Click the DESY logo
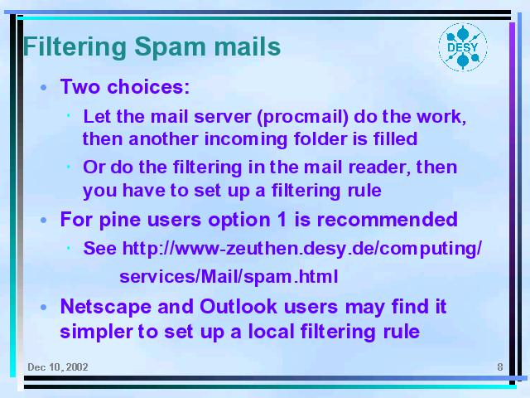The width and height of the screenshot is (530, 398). [463, 47]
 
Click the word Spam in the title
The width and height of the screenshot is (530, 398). [170, 48]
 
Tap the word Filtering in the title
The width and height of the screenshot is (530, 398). [75, 48]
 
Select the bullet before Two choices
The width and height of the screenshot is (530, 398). [43, 88]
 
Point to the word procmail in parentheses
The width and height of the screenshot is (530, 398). [302, 117]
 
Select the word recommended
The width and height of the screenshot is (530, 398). [387, 219]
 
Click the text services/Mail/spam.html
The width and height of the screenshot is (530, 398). [229, 276]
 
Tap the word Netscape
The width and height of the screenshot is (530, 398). [105, 308]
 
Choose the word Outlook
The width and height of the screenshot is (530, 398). [238, 306]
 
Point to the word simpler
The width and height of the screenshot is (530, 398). [96, 332]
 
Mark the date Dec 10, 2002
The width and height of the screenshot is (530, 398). [58, 367]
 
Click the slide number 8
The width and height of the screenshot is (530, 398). [500, 367]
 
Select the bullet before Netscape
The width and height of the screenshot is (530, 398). [43, 308]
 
